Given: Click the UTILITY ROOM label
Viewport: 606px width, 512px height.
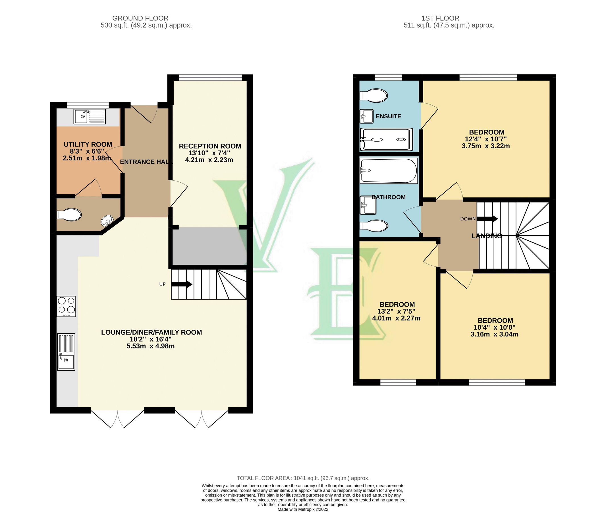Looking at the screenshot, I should pos(88,144).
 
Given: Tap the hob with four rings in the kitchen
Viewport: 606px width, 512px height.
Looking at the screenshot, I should pos(67,306).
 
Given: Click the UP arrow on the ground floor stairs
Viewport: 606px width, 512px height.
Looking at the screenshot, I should pos(182,284).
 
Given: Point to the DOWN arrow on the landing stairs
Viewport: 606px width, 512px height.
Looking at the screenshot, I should pos(487,218).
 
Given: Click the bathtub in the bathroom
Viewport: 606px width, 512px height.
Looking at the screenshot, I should pos(388,170).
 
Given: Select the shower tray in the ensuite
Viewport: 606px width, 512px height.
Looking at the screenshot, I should pos(386,140).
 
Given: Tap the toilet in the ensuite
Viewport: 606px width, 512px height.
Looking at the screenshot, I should pos(373,95).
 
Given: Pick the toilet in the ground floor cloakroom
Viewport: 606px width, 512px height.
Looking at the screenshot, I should pos(69,215).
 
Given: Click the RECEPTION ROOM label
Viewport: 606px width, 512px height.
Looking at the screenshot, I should pos(210,146).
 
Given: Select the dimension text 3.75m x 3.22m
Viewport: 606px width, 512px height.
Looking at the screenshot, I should pos(485,146).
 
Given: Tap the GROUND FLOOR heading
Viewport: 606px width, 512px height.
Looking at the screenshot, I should pos(140,18).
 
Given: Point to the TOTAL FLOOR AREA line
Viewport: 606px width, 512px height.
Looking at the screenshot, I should pos(303,478).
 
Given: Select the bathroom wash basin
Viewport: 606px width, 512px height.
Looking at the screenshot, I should pos(368,205).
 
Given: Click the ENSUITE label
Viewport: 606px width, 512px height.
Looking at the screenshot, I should pos(388,116).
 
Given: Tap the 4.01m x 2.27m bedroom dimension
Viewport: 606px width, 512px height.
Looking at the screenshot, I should pos(396,318).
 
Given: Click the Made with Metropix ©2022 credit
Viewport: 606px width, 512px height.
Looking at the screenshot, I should pos(303,509).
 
